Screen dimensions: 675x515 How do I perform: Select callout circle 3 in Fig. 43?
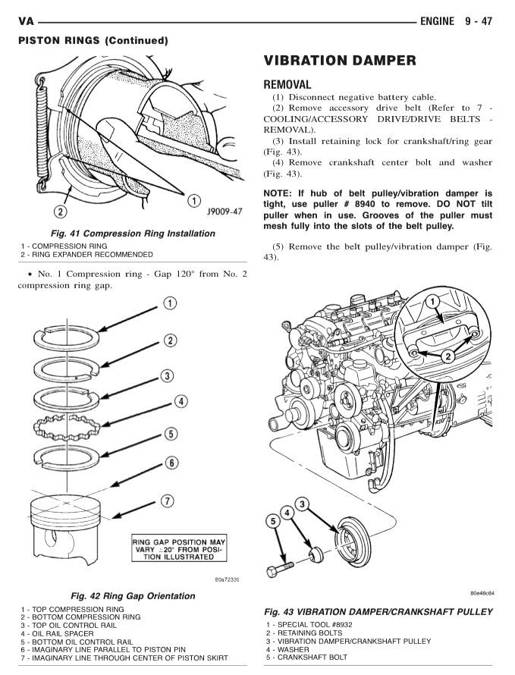302,504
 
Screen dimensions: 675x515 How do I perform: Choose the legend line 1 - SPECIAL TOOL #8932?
310,624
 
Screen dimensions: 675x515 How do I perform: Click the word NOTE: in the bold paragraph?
281,193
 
